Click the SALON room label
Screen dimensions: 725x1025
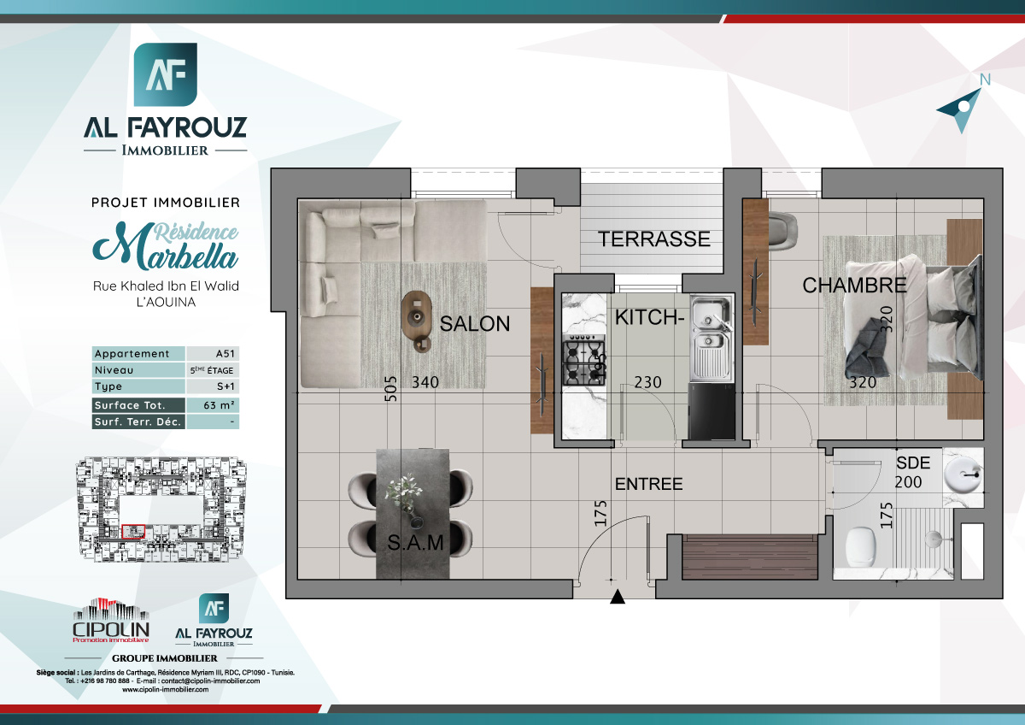point(475,324)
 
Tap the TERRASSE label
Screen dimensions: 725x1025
point(654,239)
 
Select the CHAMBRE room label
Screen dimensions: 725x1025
point(853,286)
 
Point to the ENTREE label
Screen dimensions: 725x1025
point(649,484)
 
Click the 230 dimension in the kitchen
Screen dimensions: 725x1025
point(647,383)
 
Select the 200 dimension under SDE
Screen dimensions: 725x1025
point(908,482)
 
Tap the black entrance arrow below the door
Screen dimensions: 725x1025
point(618,598)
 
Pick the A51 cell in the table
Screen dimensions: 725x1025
point(212,354)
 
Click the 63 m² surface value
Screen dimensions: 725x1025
point(212,405)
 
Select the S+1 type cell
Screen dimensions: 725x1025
point(212,387)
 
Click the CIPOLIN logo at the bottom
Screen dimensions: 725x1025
point(111,622)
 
